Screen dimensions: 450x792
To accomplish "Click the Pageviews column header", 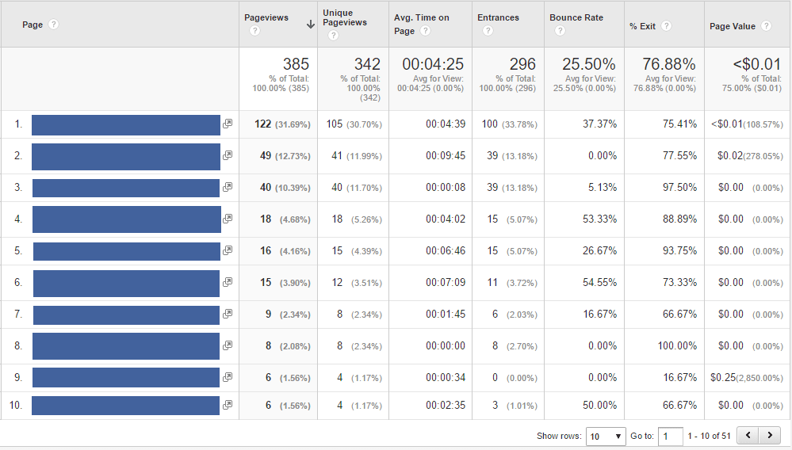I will (x=266, y=17).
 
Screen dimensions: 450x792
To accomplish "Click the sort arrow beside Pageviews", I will (x=310, y=25).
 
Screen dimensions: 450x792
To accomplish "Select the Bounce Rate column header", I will (x=576, y=17).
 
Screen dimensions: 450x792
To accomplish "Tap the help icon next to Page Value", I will (x=766, y=25).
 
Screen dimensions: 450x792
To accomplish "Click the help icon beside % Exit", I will (x=667, y=25).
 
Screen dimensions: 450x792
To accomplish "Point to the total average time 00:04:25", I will (x=432, y=64).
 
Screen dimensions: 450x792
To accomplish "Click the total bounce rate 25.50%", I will (x=588, y=64).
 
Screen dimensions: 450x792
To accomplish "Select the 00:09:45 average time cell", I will (x=445, y=156).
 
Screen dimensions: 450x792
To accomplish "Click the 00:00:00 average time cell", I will (x=445, y=346).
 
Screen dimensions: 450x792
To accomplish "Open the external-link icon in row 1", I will (x=228, y=124).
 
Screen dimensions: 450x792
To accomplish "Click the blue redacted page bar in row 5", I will (x=126, y=251).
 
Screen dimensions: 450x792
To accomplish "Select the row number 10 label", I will (x=16, y=406).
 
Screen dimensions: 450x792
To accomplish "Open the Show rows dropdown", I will (x=606, y=436).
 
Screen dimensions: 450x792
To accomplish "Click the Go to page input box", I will (x=670, y=436).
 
